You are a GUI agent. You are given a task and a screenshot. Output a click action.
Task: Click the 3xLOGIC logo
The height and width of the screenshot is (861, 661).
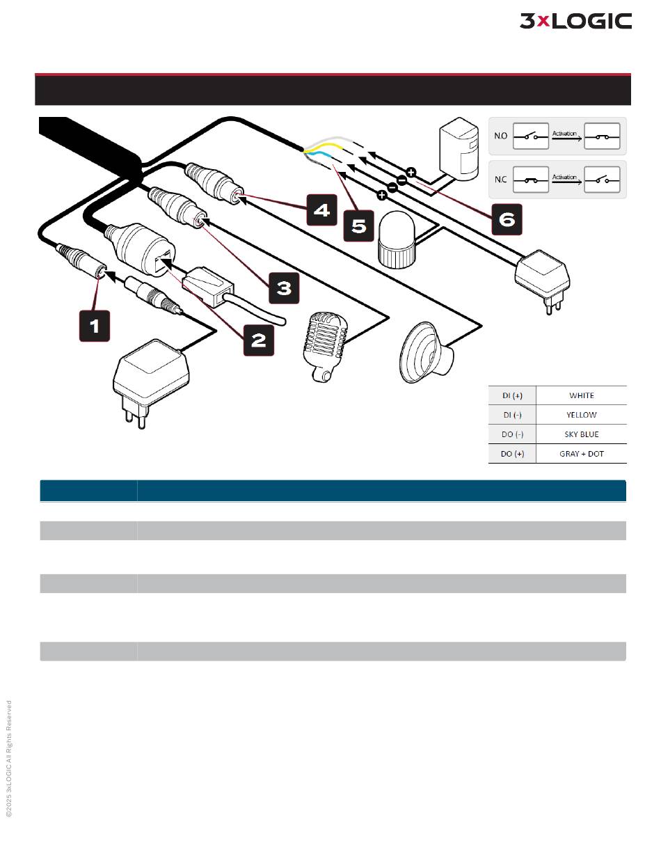[575, 22]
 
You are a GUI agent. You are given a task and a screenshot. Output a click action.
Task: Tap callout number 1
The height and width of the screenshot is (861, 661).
[95, 326]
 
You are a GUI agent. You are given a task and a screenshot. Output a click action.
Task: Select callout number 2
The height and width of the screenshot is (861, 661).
[258, 340]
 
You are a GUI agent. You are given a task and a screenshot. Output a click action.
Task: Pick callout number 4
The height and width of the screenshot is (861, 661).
[321, 210]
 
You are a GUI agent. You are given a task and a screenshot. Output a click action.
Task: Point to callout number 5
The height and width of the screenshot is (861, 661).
[359, 227]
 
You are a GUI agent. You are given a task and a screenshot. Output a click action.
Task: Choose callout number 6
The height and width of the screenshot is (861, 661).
[507, 219]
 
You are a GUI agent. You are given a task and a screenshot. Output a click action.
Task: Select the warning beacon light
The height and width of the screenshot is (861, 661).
[395, 240]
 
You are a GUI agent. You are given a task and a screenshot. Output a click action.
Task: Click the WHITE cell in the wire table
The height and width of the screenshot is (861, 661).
[582, 395]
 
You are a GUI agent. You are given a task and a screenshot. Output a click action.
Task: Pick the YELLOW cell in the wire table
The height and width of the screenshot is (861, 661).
[582, 415]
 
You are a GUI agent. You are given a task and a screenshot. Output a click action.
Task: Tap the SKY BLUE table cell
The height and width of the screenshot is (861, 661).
[582, 434]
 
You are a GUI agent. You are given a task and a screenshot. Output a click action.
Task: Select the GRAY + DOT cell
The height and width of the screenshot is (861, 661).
[582, 454]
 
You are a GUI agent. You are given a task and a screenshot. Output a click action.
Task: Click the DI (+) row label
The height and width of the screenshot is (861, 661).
[513, 395]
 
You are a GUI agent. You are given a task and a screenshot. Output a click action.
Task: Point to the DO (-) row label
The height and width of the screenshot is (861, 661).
[513, 434]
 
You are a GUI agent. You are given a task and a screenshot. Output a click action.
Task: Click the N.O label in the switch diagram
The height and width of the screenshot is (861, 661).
[500, 136]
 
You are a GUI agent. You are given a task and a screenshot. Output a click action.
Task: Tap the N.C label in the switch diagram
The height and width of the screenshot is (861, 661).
[500, 180]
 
